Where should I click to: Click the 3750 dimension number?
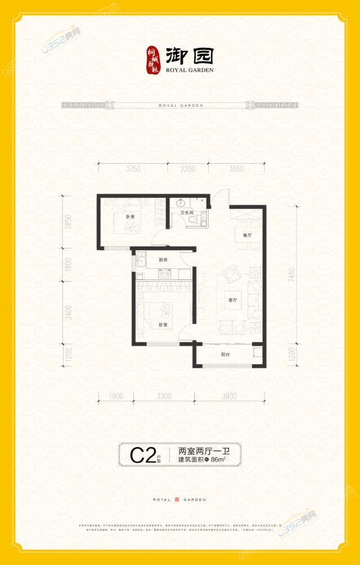(x=133, y=169)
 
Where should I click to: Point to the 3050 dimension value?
(x=236, y=169)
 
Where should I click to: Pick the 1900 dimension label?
(x=116, y=396)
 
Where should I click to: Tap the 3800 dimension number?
(x=229, y=396)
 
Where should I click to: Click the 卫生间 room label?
(x=187, y=213)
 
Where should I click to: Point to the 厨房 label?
(x=163, y=260)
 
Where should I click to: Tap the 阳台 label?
(x=225, y=355)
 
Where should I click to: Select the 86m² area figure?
(x=218, y=460)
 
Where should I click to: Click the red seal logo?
(x=154, y=59)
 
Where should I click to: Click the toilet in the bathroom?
(x=195, y=221)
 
